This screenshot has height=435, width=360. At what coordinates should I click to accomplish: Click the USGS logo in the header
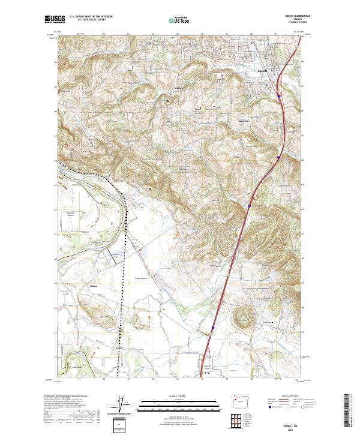pyautogui.click(x=55, y=19)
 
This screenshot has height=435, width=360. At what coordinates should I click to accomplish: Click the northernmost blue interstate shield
pyautogui.click(x=279, y=95)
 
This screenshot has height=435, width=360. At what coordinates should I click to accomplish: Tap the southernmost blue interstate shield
pyautogui.click(x=213, y=328)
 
